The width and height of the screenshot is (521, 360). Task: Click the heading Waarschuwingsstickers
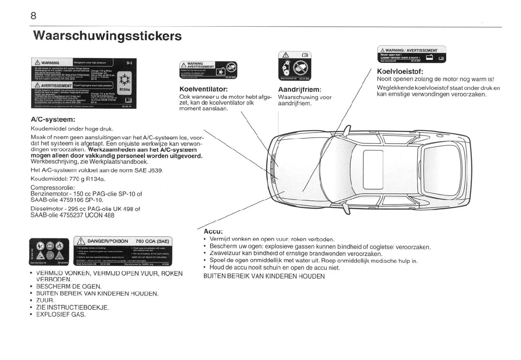(107, 35)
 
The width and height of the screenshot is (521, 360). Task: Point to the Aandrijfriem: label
(300, 90)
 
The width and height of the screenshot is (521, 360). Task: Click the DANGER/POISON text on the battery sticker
(108, 241)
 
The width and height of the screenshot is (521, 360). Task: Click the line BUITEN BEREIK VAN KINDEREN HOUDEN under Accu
(264, 276)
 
